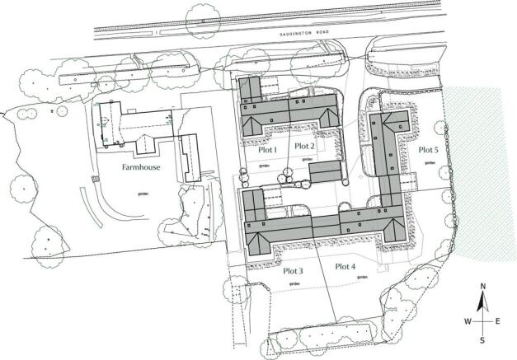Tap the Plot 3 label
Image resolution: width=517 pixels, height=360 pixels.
coord(294,270)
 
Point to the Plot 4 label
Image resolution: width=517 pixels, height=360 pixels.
coord(345,266)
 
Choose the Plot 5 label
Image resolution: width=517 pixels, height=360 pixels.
coord(427,149)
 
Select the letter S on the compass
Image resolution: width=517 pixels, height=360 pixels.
coord(483,339)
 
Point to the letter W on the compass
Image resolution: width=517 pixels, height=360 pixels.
coord(468,320)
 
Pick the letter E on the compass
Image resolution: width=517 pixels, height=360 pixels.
coord(497,320)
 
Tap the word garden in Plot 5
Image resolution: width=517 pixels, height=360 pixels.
coord(430,163)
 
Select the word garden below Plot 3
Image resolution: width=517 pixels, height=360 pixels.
coord(294,284)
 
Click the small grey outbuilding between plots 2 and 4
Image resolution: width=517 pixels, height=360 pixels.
coord(326,171)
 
